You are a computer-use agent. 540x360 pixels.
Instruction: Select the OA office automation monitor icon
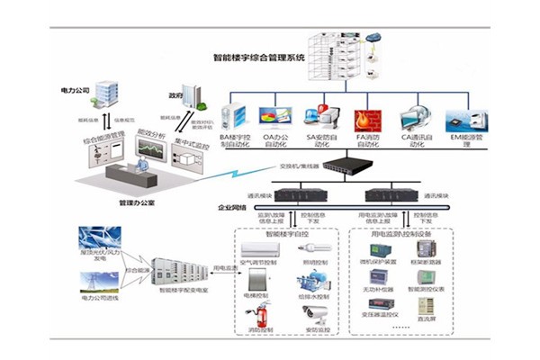click(275, 118)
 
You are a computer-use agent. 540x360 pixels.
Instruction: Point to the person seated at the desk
click(142, 167)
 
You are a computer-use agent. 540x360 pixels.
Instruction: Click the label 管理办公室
click(138, 202)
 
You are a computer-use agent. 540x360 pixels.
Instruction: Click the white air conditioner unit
click(257, 246)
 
